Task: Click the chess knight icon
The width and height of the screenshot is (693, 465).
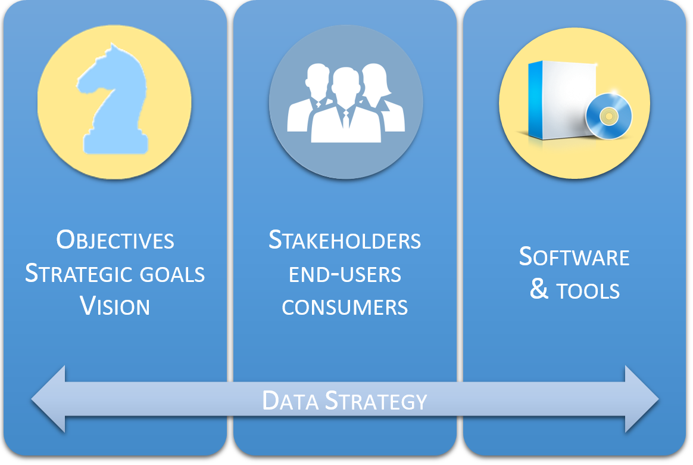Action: click(x=113, y=100)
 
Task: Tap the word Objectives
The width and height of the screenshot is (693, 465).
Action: click(x=115, y=240)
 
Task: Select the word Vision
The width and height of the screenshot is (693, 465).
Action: click(x=115, y=306)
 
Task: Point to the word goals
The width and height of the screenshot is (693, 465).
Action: click(x=173, y=274)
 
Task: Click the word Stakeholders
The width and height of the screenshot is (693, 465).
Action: click(x=345, y=240)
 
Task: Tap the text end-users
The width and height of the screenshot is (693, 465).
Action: click(x=345, y=274)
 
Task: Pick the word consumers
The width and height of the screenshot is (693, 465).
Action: click(x=345, y=307)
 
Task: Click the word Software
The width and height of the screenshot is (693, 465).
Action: click(x=574, y=256)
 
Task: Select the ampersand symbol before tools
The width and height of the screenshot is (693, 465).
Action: click(x=539, y=289)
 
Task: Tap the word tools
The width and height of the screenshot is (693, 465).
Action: click(x=588, y=291)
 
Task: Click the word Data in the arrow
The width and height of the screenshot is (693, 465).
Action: click(x=290, y=401)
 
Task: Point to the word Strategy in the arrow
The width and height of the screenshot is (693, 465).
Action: click(x=376, y=401)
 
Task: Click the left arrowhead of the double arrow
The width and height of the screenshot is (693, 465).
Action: click(x=49, y=399)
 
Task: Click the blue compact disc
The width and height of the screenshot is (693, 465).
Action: click(x=608, y=116)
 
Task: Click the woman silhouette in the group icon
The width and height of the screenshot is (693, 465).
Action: click(x=379, y=97)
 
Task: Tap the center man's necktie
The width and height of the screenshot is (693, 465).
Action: click(x=346, y=119)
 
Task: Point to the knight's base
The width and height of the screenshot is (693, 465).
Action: click(x=115, y=144)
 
